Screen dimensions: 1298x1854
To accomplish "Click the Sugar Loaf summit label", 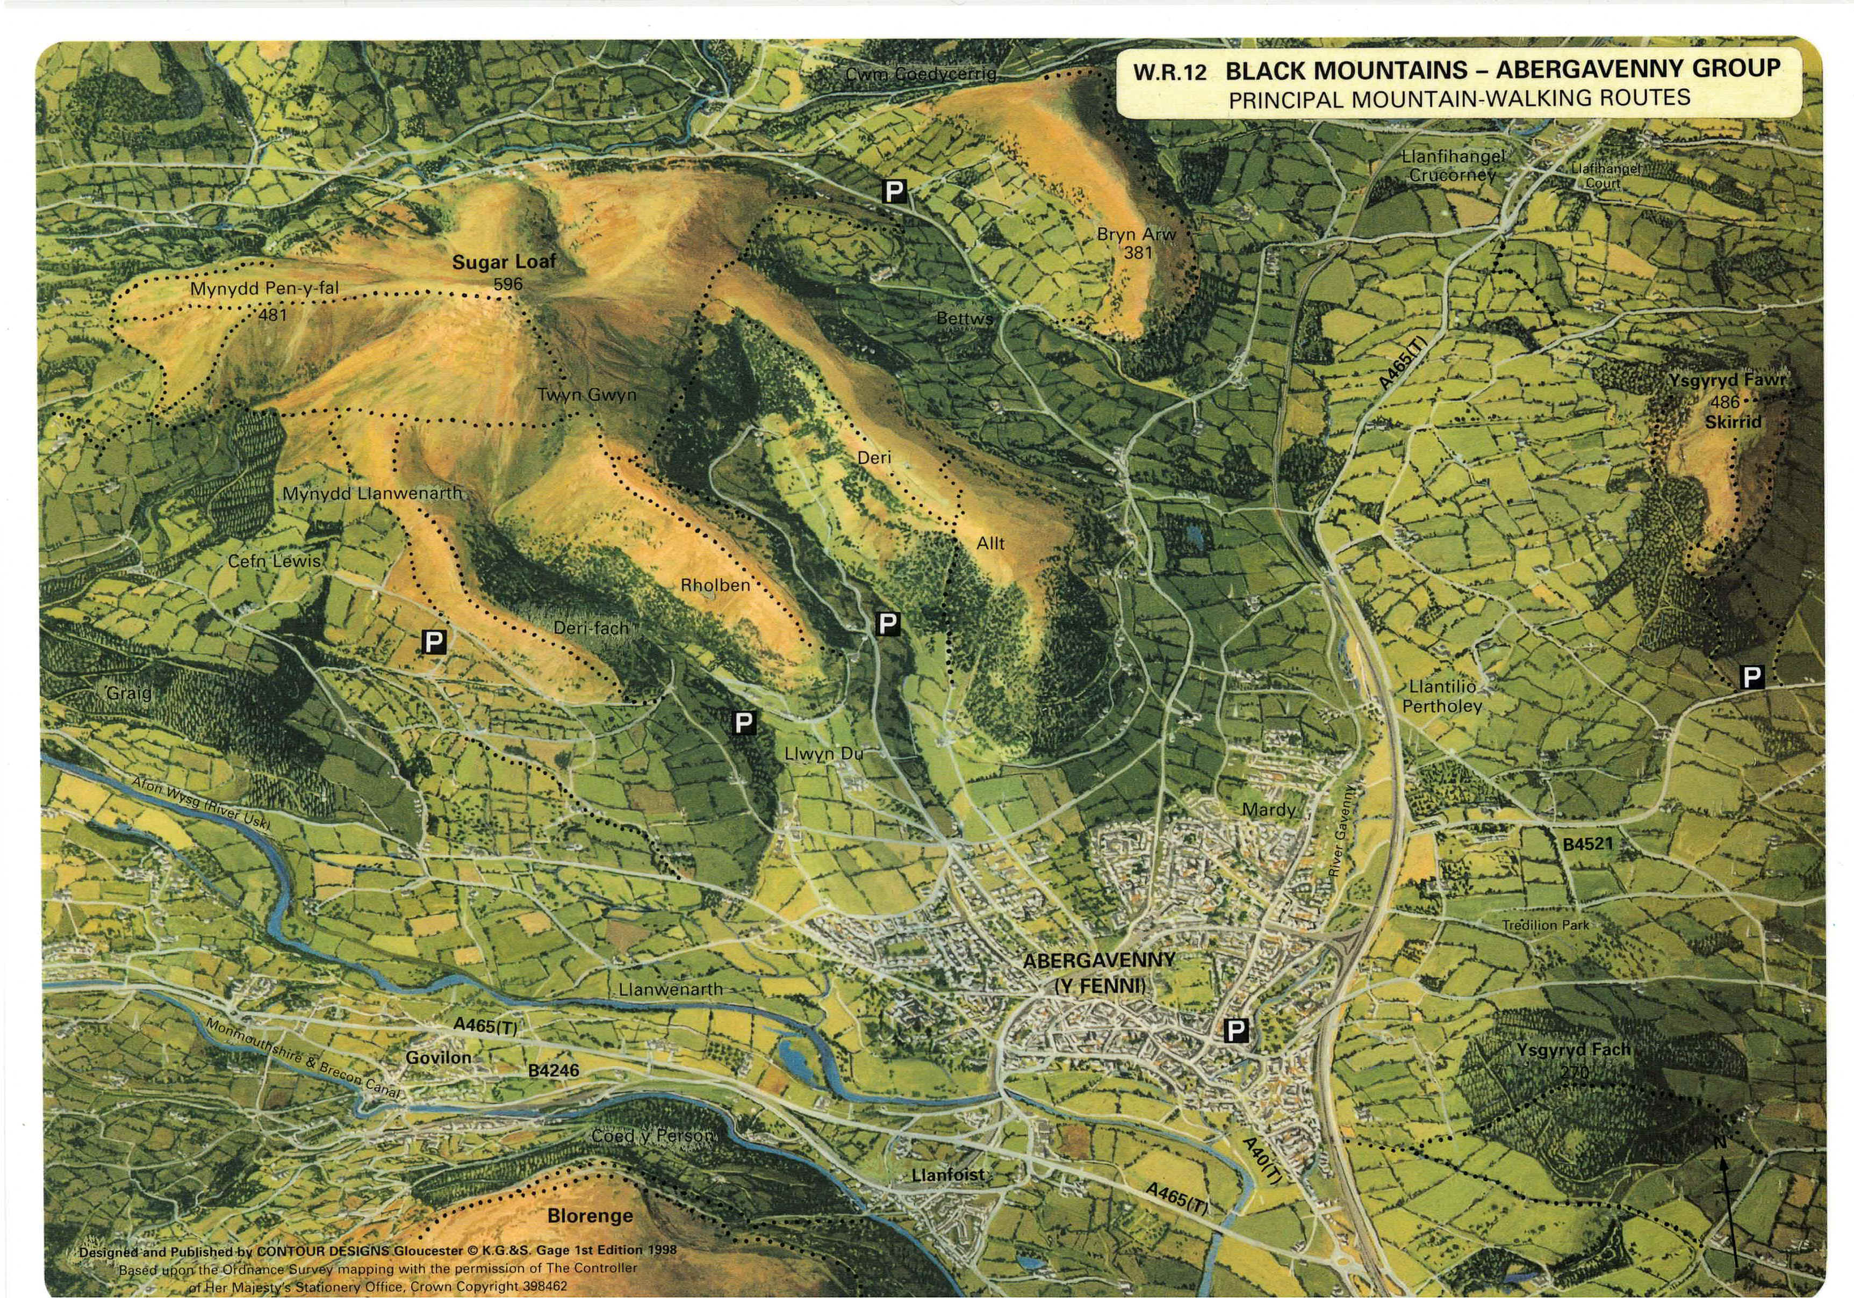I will coord(504,262).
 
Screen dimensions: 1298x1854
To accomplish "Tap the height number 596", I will coord(508,284).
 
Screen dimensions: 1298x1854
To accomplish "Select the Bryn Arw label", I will coord(1136,234).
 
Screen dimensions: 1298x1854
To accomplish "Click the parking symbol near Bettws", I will coord(894,191).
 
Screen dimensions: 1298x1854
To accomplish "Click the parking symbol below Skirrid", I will coord(1751,677).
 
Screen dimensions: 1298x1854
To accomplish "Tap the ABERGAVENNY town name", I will coord(1099,961).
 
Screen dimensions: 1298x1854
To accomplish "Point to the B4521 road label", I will coord(1587,845).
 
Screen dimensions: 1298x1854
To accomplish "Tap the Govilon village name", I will coord(439,1057).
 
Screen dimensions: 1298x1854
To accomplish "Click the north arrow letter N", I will coord(1721,1142).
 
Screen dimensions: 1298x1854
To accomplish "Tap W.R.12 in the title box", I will coord(1169,73).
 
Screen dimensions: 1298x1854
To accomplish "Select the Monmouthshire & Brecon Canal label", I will coord(303,1057).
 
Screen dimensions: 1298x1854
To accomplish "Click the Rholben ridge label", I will coord(715,585).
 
